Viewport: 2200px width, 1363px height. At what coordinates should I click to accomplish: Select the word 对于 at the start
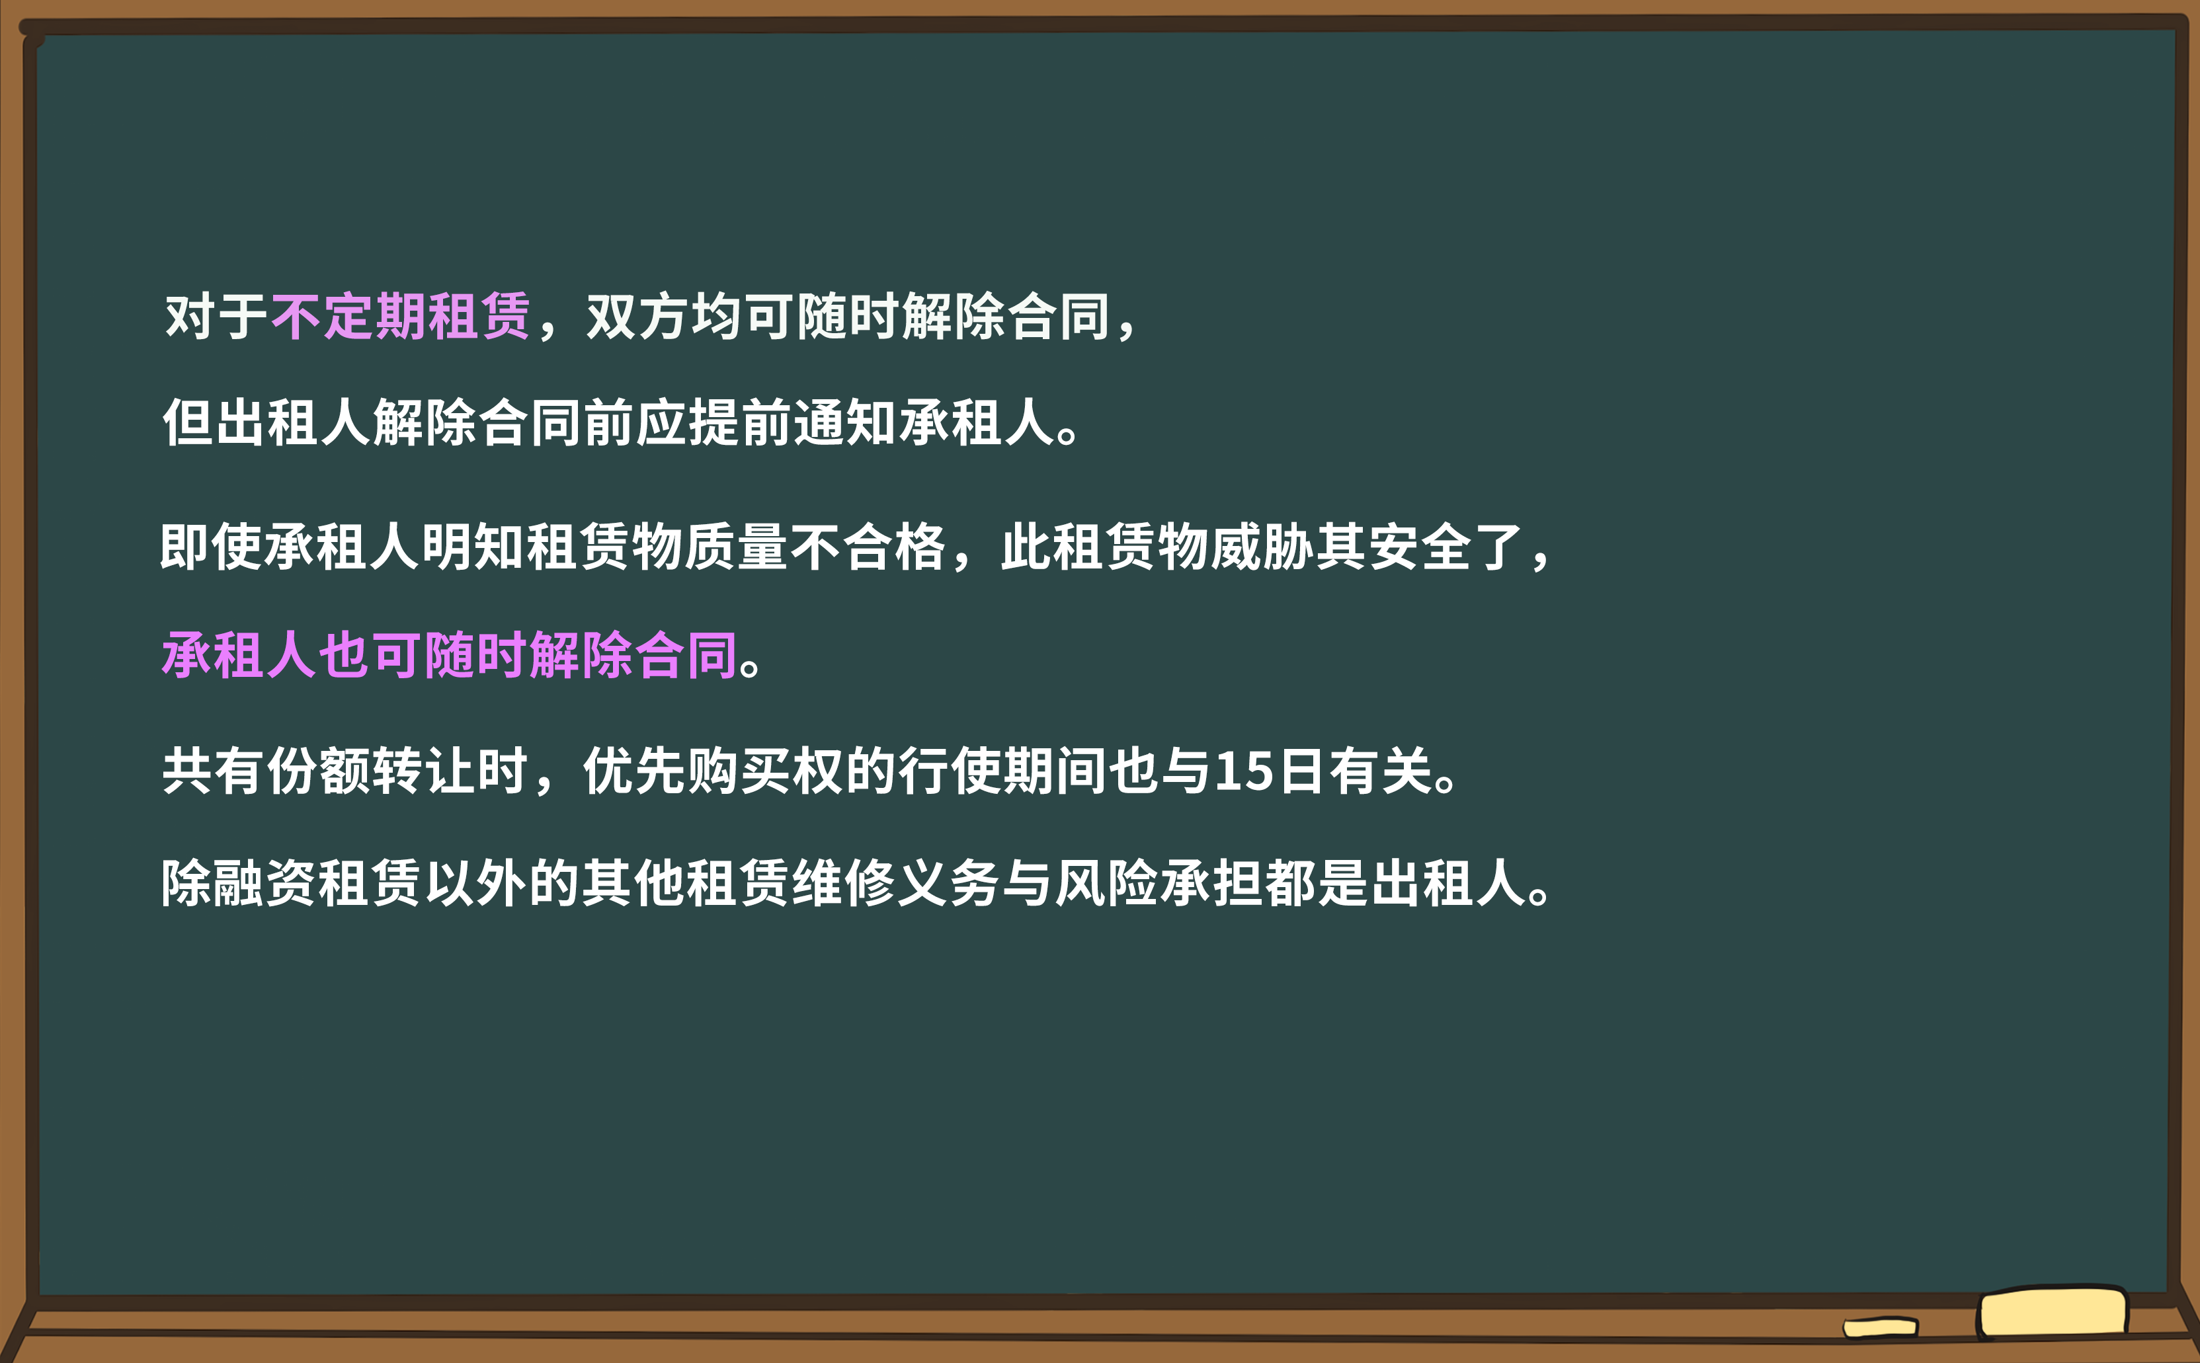point(216,317)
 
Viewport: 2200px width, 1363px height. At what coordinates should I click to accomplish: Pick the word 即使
point(211,547)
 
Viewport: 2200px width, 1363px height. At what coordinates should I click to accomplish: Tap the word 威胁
point(1262,547)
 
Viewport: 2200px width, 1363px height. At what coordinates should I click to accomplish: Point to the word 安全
point(1419,547)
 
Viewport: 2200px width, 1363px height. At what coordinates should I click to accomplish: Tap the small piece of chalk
point(1881,1327)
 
